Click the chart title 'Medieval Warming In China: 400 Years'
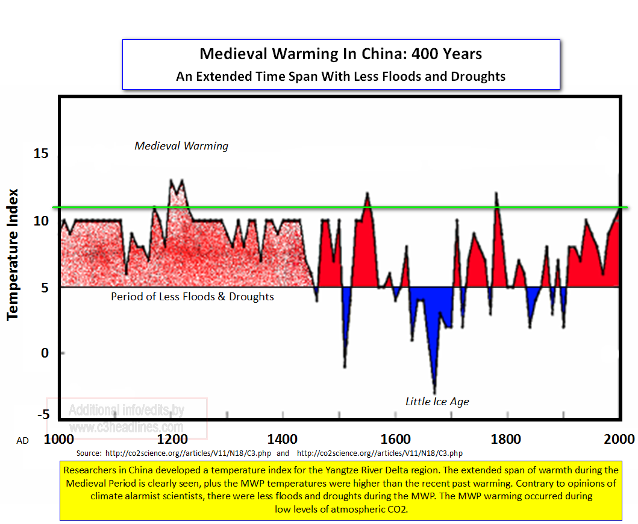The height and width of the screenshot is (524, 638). (x=340, y=54)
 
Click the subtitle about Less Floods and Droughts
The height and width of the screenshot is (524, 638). (x=340, y=77)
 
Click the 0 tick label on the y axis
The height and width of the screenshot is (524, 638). (x=45, y=353)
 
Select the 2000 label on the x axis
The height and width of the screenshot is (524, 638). (x=618, y=439)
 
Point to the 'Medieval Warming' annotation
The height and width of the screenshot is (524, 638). (x=181, y=146)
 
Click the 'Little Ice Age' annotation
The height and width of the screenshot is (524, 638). (x=437, y=402)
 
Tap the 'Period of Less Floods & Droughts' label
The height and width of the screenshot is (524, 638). (x=192, y=297)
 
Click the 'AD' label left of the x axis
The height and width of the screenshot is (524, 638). (x=22, y=441)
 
